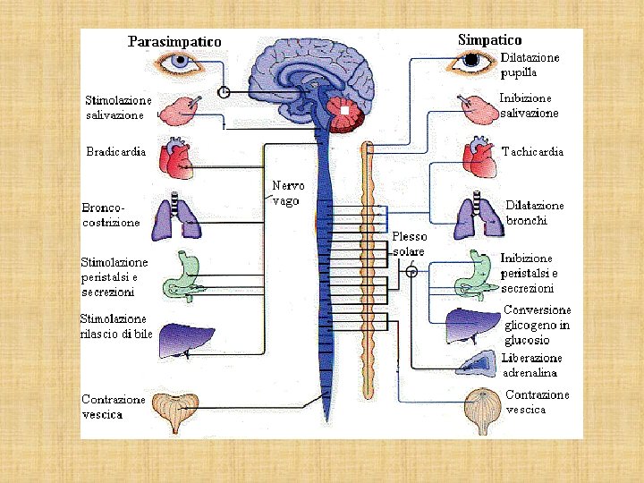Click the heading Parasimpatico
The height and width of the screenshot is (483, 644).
point(174,41)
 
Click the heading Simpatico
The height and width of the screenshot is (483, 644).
point(489,39)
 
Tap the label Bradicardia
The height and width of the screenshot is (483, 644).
point(115,151)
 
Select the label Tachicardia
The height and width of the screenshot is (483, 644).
point(533,152)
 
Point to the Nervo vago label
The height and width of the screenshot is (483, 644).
point(288,193)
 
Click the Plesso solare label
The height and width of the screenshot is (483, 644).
point(410,244)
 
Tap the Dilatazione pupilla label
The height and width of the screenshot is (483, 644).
point(529,64)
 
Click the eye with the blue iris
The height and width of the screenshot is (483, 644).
point(182,63)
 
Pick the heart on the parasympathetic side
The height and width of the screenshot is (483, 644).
point(175,159)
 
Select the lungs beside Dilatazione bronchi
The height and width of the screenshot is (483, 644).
point(473,218)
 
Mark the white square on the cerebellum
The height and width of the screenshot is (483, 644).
point(344,111)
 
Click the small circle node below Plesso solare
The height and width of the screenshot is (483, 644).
point(411,271)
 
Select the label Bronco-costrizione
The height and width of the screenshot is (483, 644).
point(112,215)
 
